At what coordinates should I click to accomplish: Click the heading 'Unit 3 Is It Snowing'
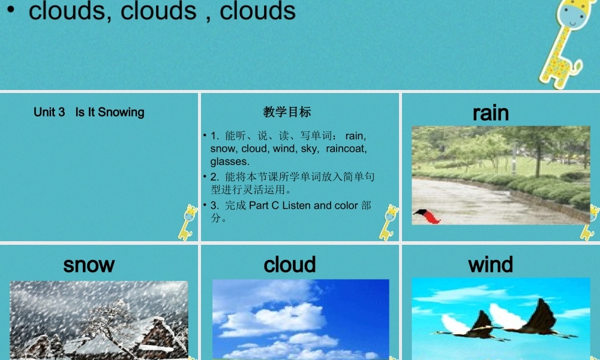coord(89,112)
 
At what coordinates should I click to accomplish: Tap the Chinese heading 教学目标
coord(287,112)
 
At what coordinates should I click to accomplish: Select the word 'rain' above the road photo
coord(490,113)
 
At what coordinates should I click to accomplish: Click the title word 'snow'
coord(89,265)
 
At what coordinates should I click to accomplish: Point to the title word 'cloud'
coord(290,265)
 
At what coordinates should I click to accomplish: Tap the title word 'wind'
coord(490,265)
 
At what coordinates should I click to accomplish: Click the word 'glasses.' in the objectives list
coord(229,161)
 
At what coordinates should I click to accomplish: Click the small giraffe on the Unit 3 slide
coord(188,222)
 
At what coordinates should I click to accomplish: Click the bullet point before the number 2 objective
coord(205,177)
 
